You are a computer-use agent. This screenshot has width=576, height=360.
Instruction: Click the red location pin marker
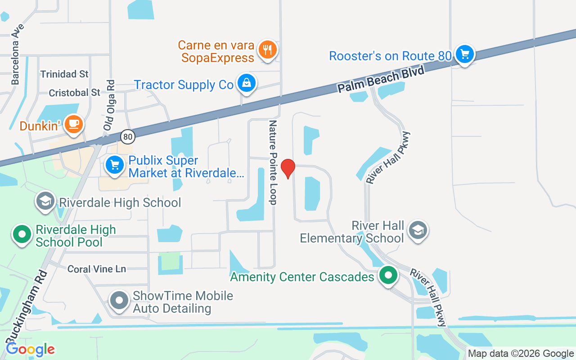288,168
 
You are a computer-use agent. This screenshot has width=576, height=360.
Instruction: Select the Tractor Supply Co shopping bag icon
246,84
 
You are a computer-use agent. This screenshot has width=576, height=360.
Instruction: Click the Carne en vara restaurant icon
268,50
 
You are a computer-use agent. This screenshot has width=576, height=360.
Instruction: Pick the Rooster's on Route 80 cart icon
464,55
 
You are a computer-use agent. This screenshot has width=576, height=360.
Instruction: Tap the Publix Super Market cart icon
115,165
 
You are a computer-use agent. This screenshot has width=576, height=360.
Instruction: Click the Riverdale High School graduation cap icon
45,202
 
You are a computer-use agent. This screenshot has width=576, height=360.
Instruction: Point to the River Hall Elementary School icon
418,230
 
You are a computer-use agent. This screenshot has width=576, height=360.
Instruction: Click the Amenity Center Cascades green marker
387,275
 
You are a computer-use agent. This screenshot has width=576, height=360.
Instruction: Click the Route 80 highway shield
127,136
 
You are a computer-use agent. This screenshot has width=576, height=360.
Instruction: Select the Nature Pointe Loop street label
273,162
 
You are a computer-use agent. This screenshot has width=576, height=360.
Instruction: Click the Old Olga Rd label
109,105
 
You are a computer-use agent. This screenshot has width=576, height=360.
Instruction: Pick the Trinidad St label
64,74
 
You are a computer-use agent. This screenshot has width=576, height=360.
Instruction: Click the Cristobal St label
74,93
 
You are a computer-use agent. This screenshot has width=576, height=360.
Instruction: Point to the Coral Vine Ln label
97,269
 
